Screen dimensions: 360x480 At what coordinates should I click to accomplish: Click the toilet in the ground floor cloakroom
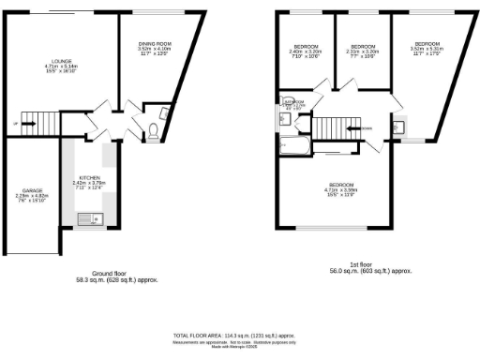coord(152,132)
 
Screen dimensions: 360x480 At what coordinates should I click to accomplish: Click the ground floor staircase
coord(37,121)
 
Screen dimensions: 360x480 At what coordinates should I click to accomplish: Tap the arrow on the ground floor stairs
coord(19,122)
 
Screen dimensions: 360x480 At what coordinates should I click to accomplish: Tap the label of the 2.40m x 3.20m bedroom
coord(306,49)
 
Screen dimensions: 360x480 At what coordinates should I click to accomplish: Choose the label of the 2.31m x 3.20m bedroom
coord(364,49)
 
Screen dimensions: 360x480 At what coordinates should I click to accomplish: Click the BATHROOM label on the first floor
coord(292,102)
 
